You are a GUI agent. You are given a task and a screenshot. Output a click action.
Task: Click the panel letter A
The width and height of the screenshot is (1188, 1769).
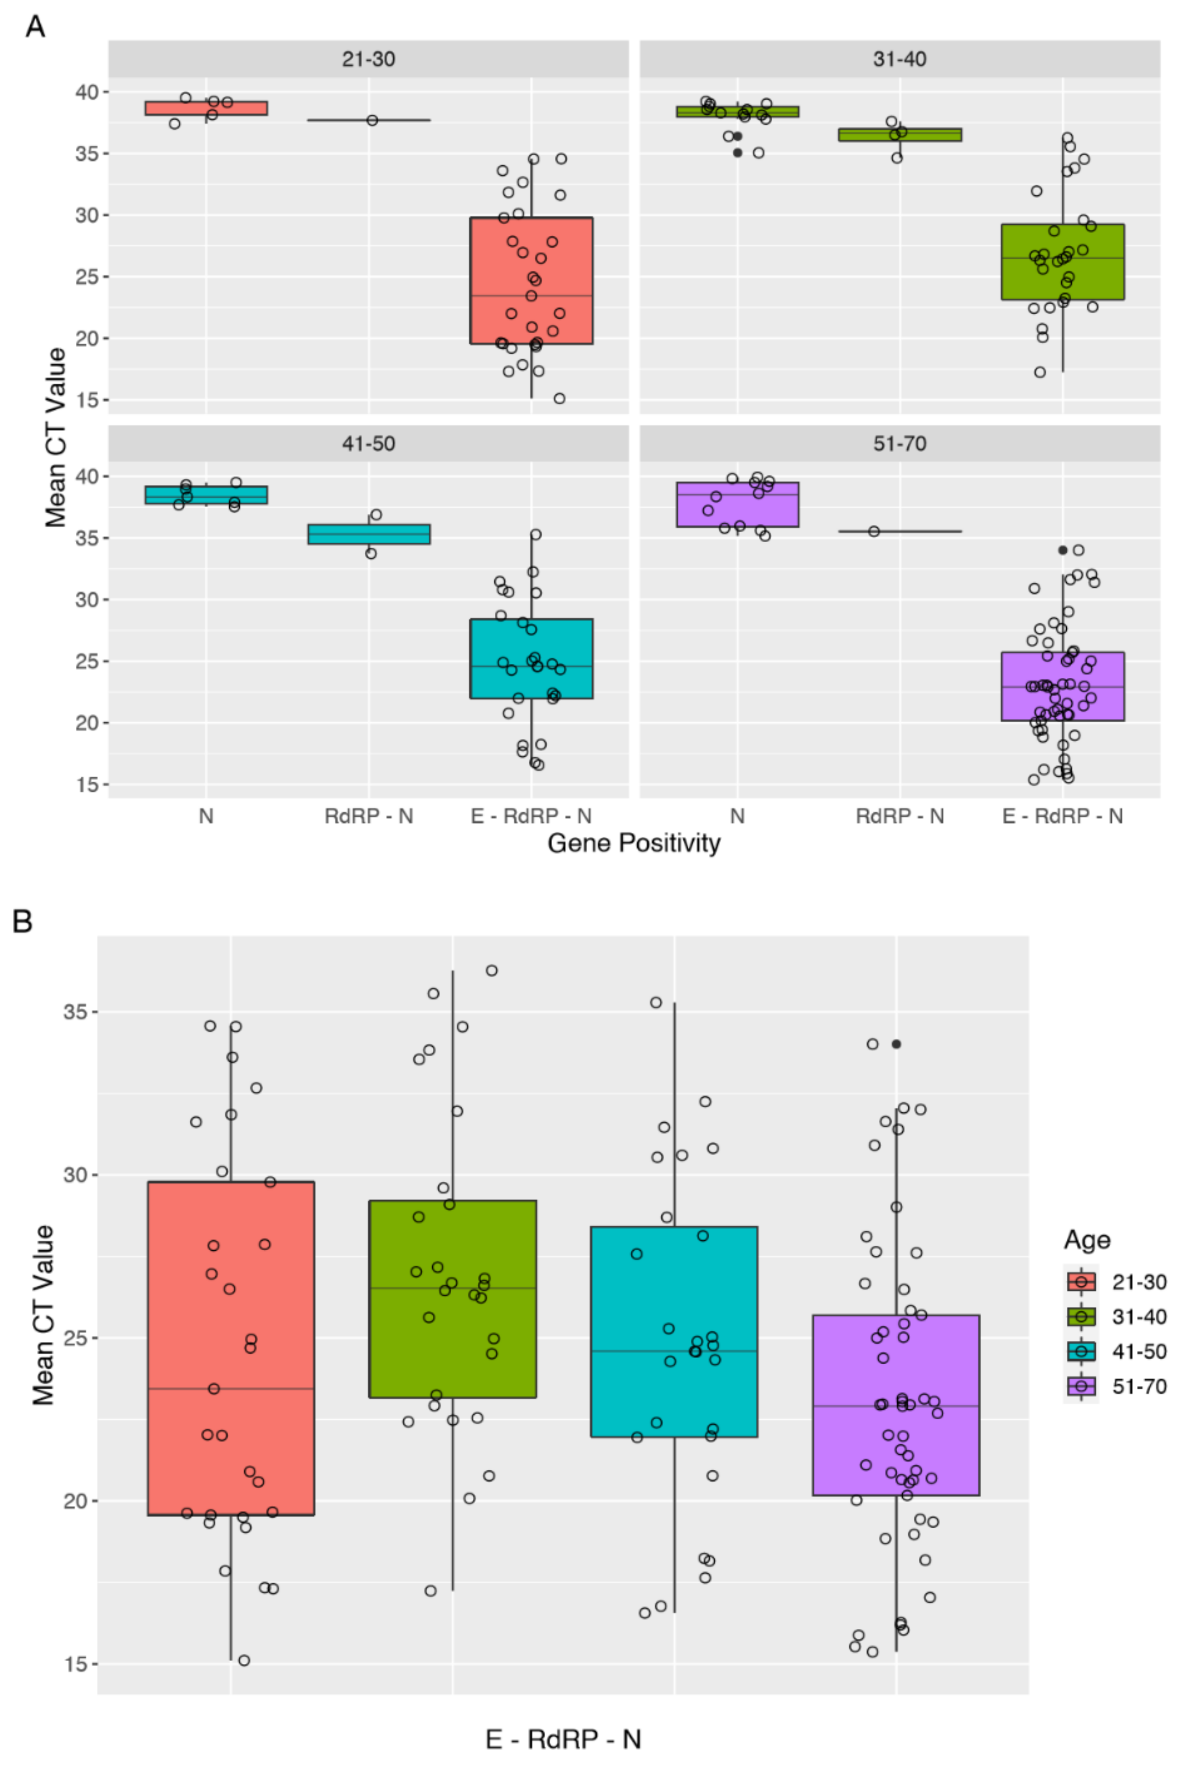pos(35,27)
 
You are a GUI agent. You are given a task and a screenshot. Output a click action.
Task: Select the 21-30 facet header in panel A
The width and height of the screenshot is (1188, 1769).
pos(368,59)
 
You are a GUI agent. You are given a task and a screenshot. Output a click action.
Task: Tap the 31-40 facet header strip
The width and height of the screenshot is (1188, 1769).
pos(899,59)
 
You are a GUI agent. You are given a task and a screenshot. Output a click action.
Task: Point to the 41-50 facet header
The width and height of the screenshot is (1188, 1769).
pos(368,443)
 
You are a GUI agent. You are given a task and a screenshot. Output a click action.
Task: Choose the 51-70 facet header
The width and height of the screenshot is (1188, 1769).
pos(899,443)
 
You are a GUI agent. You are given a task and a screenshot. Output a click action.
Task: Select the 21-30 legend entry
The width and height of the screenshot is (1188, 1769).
pos(1116,1282)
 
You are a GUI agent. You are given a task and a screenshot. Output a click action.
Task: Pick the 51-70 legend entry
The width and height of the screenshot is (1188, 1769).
pos(1116,1386)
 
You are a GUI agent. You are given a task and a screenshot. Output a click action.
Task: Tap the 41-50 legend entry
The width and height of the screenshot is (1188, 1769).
pos(1116,1351)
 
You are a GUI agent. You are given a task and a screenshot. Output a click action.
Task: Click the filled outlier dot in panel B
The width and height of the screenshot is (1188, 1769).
pos(896,1044)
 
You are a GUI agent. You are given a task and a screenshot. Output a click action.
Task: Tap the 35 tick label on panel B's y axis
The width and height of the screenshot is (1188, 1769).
pos(74,1012)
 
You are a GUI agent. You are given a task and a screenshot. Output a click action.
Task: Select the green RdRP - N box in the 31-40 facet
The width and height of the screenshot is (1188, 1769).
pos(899,135)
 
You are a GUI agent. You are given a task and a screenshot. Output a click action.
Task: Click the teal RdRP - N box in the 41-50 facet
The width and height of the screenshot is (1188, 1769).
pos(368,534)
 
